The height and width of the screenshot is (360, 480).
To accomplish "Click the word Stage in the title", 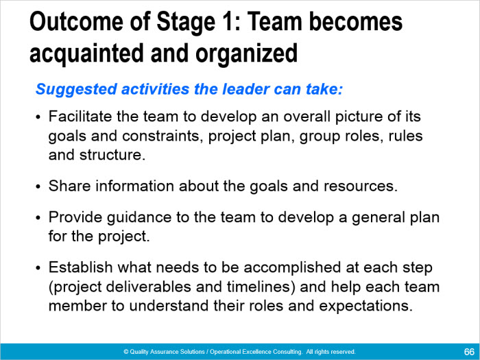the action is click(x=186, y=23).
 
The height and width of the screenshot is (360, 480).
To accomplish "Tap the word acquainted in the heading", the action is click(x=86, y=53).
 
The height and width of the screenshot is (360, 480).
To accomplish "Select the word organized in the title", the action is click(x=246, y=54).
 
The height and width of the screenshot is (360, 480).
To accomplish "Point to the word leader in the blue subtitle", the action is click(x=245, y=88).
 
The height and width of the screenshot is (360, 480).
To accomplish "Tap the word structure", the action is click(x=112, y=155).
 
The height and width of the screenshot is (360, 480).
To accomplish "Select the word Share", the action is click(x=69, y=186).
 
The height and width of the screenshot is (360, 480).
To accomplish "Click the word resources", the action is click(x=360, y=186).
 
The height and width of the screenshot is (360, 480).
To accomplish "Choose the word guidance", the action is click(x=139, y=218).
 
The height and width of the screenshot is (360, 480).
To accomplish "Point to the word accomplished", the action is click(x=292, y=268).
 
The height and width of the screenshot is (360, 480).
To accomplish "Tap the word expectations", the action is click(x=365, y=307).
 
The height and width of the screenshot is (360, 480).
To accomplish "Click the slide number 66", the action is click(x=469, y=352).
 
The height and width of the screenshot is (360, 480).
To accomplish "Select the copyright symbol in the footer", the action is click(x=125, y=352).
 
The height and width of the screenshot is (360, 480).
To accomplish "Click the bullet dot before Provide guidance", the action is click(x=38, y=217).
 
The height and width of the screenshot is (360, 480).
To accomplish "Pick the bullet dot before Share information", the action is click(x=38, y=187).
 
